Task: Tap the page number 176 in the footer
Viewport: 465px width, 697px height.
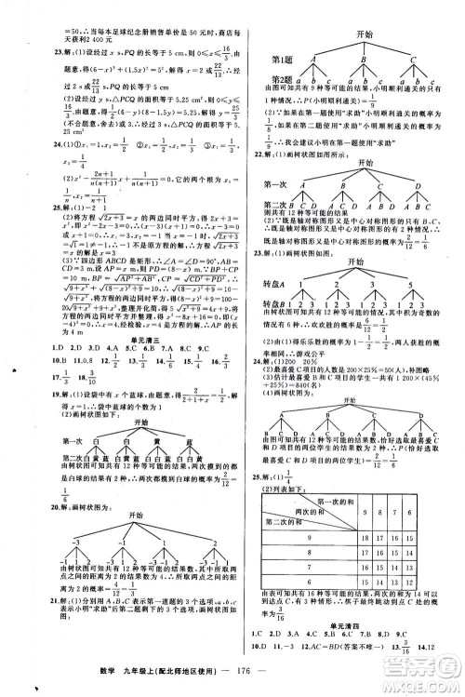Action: (x=246, y=677)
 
